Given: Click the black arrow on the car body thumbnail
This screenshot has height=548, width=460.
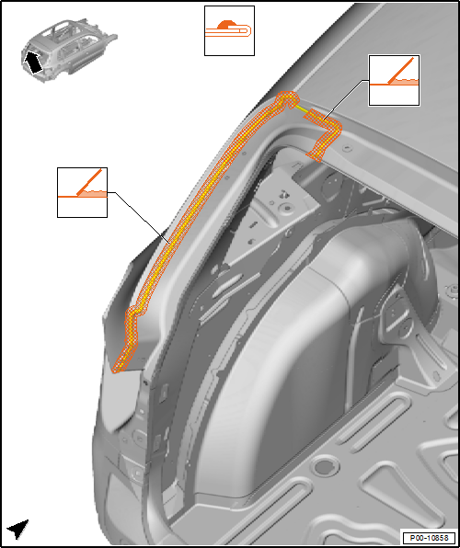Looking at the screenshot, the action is (x=33, y=63).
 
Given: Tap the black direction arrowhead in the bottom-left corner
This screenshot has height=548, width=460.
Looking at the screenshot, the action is (x=17, y=529).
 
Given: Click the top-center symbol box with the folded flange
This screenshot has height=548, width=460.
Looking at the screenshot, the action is (x=229, y=30).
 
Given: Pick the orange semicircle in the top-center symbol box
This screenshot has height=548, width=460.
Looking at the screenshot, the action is (x=227, y=25).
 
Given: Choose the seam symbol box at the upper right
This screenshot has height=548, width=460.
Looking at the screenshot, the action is (x=395, y=80).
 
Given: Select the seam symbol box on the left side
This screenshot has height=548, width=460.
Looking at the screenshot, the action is (x=82, y=192).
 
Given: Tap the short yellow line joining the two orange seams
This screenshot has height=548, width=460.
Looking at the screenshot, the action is (x=302, y=108).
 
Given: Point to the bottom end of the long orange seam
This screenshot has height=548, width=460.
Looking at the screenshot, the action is (x=117, y=369).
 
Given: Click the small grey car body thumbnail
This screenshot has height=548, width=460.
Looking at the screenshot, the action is (x=69, y=50).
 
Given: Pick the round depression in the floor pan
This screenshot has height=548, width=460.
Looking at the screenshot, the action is (x=326, y=466).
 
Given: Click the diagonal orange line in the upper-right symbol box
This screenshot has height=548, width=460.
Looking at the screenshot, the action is (x=403, y=70).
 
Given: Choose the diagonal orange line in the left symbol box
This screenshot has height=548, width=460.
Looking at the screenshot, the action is (x=89, y=182).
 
